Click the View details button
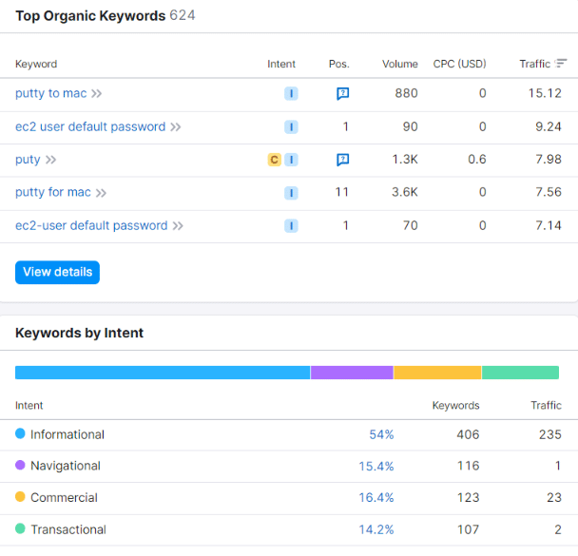pyautogui.click(x=57, y=272)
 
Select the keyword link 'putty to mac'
pyautogui.click(x=51, y=93)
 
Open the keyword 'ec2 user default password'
pyautogui.click(x=90, y=126)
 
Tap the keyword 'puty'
pyautogui.click(x=28, y=160)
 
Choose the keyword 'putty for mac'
pyautogui.click(x=53, y=192)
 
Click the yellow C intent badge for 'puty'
pyautogui.click(x=274, y=160)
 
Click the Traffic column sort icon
pyautogui.click(x=562, y=64)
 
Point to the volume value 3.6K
pyautogui.click(x=405, y=192)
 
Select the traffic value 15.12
pyautogui.click(x=549, y=93)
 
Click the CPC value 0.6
pyautogui.click(x=476, y=160)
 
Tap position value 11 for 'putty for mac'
pyautogui.click(x=342, y=192)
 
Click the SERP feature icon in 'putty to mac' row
pyautogui.click(x=342, y=94)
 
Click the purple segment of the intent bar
pyautogui.click(x=352, y=373)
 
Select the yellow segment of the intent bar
pyautogui.click(x=437, y=373)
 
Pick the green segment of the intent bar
pyautogui.click(x=520, y=373)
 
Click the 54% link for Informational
pyautogui.click(x=381, y=434)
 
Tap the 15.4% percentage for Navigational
pyautogui.click(x=376, y=466)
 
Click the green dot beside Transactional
pyautogui.click(x=21, y=529)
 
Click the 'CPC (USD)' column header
pyautogui.click(x=459, y=64)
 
